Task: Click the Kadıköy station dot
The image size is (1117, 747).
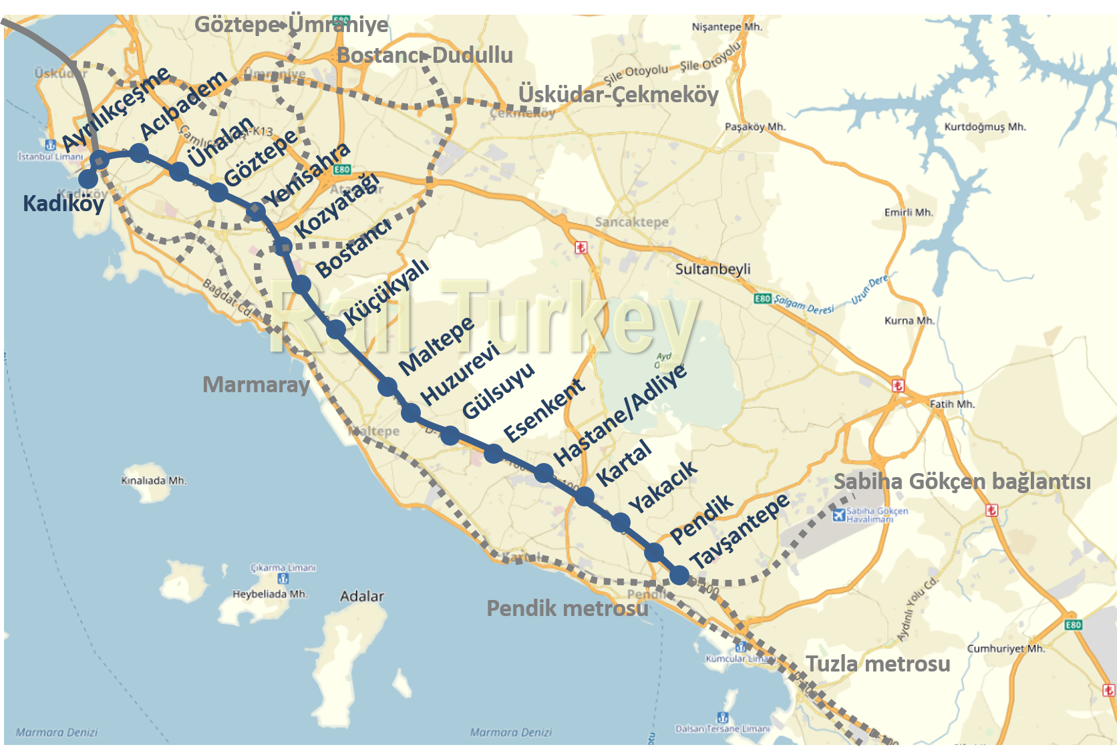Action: point(88,179)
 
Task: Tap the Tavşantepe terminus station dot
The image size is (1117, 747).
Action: point(679,575)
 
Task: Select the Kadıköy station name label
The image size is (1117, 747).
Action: point(63,203)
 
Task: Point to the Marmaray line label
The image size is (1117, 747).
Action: point(256,385)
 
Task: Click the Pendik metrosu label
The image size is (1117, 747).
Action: point(567,608)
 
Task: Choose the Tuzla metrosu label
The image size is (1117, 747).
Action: point(878,664)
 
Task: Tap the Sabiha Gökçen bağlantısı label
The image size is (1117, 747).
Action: point(962,481)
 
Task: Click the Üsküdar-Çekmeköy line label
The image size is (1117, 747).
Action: point(618,95)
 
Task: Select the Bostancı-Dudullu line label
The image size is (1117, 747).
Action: point(425,55)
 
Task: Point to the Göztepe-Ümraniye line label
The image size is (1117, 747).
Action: point(291,25)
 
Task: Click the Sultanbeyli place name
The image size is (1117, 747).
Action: point(713,269)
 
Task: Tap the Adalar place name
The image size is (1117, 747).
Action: point(361,596)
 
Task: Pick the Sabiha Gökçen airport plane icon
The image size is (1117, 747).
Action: point(839,515)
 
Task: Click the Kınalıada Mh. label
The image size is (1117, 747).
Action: point(154,480)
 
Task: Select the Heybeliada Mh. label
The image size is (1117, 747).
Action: point(270,594)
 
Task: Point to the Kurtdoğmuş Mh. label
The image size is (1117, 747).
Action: point(985,127)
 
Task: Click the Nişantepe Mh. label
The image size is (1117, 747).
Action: point(727,27)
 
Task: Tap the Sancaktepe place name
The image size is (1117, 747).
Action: point(631,222)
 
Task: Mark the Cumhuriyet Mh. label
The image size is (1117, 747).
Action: point(1006,649)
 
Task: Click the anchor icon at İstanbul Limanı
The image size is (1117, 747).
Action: point(50,145)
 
